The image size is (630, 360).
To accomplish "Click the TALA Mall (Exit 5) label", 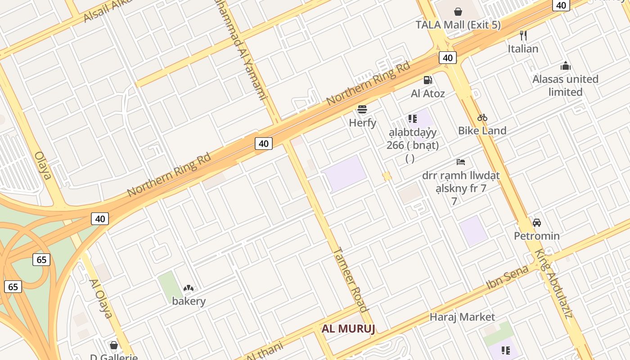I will coord(458,25).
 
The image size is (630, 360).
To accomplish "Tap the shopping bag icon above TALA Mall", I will coord(458,12).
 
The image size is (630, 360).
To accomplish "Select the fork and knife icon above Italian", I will coord(523,35).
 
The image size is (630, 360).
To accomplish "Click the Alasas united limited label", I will coord(565,85).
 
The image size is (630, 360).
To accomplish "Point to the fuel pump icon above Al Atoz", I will coord(427,80).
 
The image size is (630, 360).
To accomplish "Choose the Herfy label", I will coord(362,122).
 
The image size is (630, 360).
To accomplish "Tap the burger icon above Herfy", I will coord(362,109).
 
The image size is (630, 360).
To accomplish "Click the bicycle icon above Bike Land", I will coord(482,117).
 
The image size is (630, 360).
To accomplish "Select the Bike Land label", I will coord(482,130).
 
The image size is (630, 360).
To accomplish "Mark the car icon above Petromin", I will coord(537,223).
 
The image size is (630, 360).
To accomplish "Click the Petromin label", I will coord(537,236).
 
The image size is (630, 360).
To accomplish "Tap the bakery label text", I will coord(189,301).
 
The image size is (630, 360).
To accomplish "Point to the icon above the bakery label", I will coord(189,288).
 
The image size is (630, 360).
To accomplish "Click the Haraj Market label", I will coord(462,317).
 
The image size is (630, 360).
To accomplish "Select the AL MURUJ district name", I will coord(348,328).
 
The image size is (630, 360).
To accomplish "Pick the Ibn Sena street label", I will coord(507,278).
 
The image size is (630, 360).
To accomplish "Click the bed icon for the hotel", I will coord(461,162).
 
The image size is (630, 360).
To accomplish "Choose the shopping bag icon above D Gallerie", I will coord(114,345).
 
